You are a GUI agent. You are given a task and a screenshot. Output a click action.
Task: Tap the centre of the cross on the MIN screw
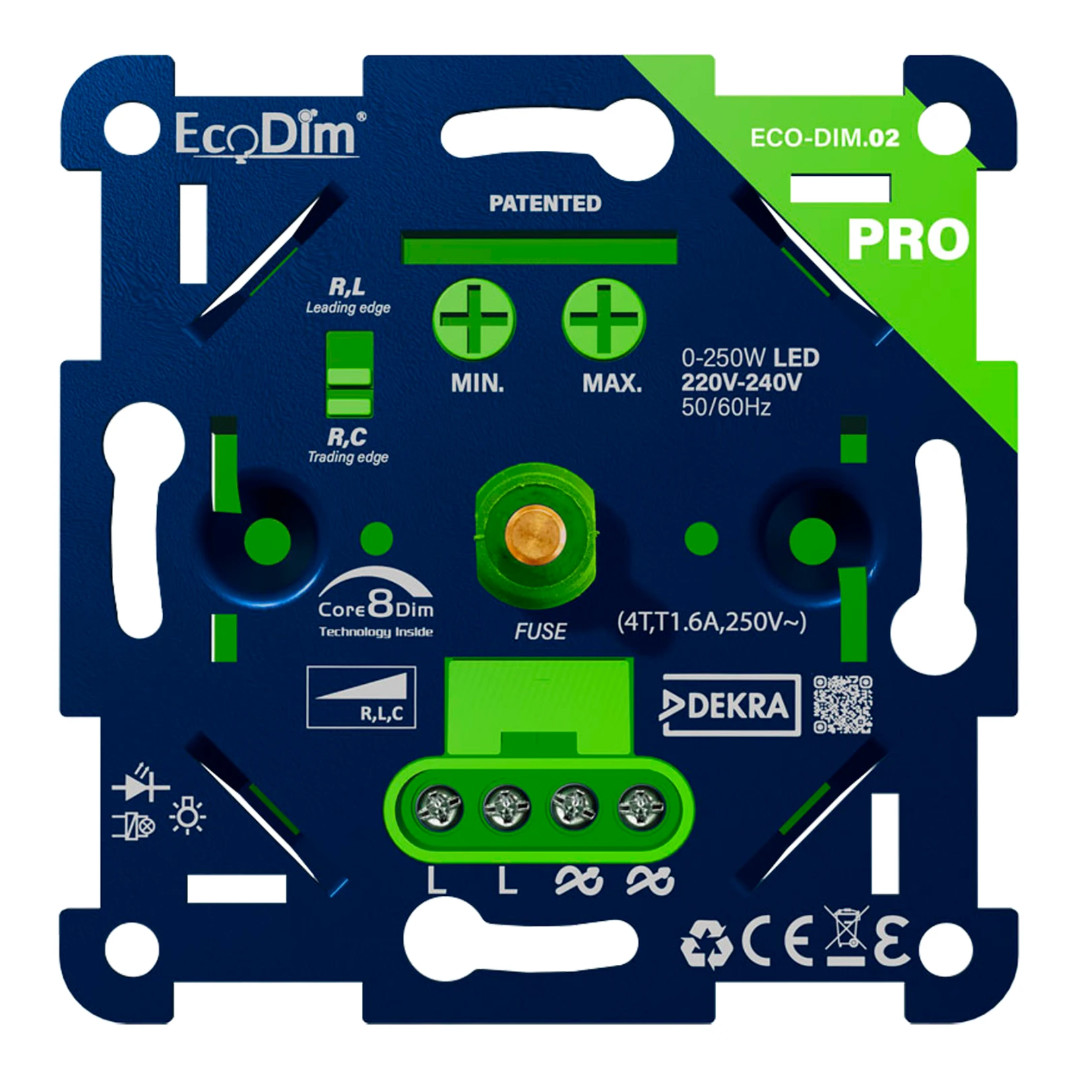(x=474, y=319)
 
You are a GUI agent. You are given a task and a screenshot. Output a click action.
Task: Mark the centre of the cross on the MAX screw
(x=604, y=319)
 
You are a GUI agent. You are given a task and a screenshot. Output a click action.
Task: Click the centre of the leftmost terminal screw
(x=439, y=808)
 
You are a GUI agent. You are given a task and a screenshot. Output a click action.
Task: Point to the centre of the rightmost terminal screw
(x=641, y=808)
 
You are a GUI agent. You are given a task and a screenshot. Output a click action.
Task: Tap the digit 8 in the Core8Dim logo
(x=381, y=603)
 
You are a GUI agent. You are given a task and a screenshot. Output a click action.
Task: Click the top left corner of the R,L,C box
(x=307, y=667)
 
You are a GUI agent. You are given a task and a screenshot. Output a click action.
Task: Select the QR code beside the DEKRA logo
(x=843, y=705)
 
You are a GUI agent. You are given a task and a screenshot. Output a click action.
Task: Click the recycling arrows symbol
(x=706, y=944)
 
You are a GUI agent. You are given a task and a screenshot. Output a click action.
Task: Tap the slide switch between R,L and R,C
(x=349, y=374)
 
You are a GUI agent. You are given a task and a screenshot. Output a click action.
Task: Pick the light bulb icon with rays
(x=188, y=816)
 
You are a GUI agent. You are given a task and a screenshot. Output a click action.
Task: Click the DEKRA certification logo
(x=732, y=705)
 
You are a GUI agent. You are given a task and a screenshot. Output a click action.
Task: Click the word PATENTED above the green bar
(x=545, y=203)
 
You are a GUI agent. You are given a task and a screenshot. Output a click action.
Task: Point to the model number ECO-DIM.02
(x=825, y=138)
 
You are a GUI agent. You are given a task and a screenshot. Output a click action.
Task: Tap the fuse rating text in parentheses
(x=711, y=622)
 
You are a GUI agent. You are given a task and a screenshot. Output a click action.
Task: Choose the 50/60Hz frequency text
(x=726, y=408)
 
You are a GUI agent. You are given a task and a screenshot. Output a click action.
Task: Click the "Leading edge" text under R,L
(x=348, y=308)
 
